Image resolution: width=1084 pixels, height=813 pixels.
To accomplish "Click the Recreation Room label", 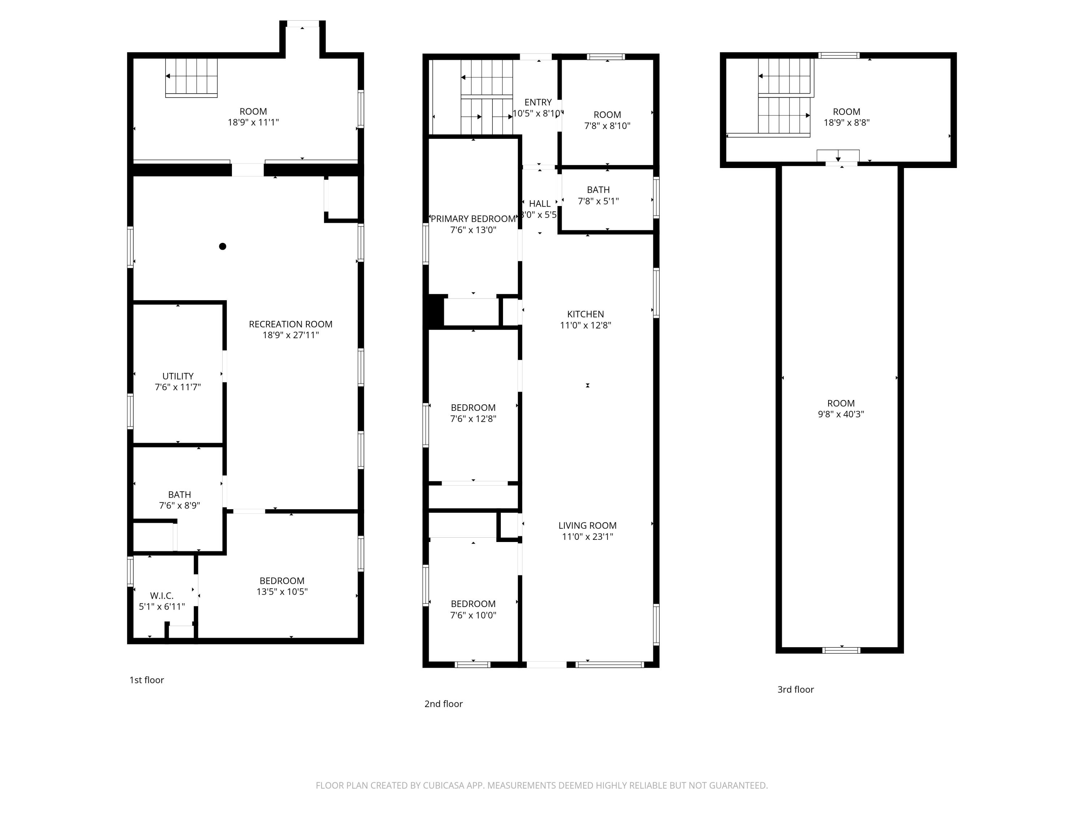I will click(x=291, y=324).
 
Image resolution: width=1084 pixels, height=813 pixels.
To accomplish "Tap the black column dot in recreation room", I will click(x=223, y=246).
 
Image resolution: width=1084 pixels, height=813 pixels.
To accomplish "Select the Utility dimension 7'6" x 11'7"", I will click(x=178, y=387).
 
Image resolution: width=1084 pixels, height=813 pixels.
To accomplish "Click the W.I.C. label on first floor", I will click(x=162, y=595).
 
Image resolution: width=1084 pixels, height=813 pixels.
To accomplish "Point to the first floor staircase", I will click(x=191, y=77).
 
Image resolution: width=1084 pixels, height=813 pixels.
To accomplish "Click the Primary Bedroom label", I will click(x=473, y=219).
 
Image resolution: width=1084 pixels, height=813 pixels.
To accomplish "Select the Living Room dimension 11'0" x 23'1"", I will click(x=587, y=537).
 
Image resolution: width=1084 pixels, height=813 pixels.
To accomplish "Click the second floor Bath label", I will click(x=598, y=190).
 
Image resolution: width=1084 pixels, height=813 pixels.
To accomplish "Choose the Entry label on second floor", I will click(x=538, y=102).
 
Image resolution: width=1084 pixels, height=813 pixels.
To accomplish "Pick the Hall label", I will click(x=539, y=204).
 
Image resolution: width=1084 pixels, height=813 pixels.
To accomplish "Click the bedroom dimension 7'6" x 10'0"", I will click(x=473, y=615).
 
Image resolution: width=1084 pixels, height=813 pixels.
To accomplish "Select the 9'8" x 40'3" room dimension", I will click(x=840, y=414).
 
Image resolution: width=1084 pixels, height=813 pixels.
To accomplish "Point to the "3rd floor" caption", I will click(x=795, y=689).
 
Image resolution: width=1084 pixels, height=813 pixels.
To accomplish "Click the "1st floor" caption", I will click(x=147, y=680).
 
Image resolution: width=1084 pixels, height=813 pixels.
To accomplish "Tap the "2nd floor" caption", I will click(x=443, y=704).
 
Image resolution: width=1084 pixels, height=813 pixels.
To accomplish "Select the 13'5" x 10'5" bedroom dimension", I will click(x=282, y=592).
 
